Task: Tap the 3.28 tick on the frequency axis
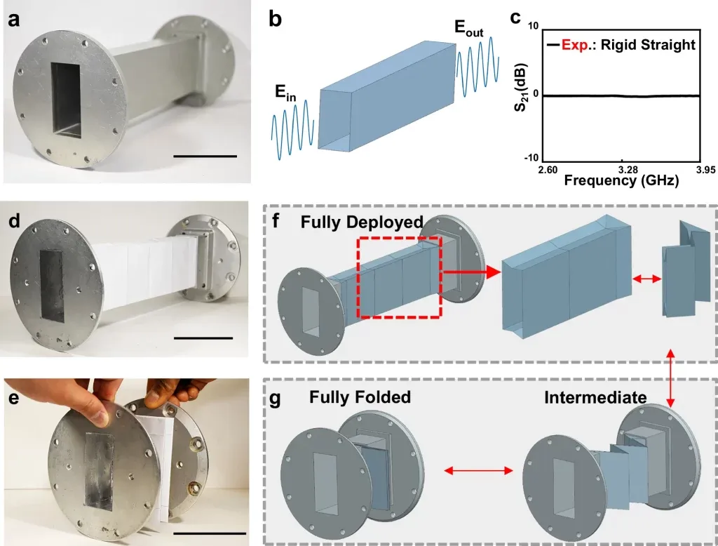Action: [620, 170]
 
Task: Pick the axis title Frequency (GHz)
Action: [621, 181]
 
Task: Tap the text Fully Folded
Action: [360, 398]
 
